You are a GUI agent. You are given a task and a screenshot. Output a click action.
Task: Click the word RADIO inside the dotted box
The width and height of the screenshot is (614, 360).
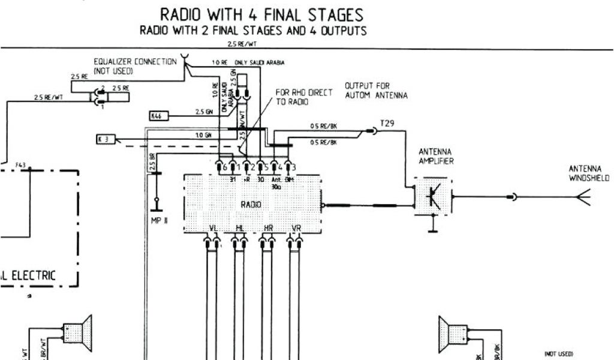pyautogui.click(x=251, y=205)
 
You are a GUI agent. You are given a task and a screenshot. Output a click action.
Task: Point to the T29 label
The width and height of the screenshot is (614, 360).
pyautogui.click(x=386, y=123)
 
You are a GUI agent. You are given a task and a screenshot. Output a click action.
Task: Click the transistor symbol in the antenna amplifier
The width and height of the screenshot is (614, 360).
pyautogui.click(x=432, y=196)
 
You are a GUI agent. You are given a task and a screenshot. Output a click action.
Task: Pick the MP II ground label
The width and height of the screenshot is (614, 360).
pyautogui.click(x=159, y=220)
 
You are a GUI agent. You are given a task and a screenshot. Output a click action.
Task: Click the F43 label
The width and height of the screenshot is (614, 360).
pyautogui.click(x=20, y=164)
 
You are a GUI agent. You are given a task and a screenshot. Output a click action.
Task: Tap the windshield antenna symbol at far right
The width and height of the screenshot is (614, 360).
pyautogui.click(x=582, y=197)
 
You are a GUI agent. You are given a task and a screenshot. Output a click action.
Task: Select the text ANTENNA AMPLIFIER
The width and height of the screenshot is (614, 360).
pyautogui.click(x=436, y=156)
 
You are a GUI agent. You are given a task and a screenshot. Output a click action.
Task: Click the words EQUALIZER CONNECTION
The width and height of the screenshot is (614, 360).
pyautogui.click(x=135, y=62)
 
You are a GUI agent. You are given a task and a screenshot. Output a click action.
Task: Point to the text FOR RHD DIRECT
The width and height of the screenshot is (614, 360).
pyautogui.click(x=303, y=93)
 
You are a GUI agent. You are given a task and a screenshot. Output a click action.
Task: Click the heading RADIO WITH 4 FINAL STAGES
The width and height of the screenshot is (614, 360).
pyautogui.click(x=261, y=14)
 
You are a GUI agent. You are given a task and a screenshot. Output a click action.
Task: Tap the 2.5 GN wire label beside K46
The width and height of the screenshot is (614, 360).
pyautogui.click(x=203, y=112)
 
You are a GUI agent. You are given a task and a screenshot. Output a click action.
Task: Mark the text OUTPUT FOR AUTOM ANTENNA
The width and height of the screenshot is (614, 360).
pyautogui.click(x=376, y=91)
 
